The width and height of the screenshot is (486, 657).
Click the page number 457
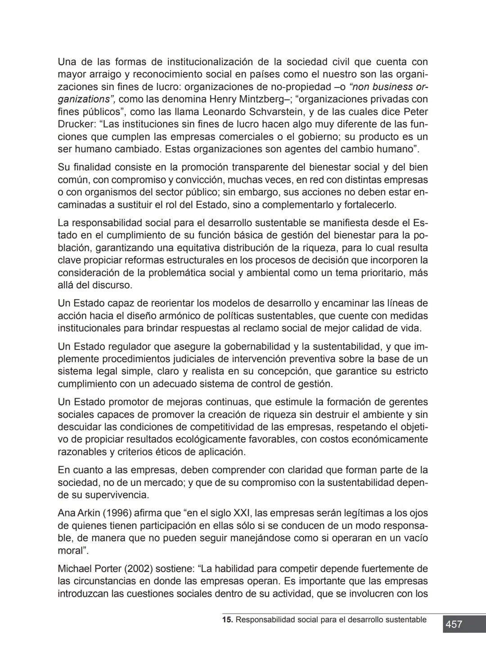click(x=454, y=624)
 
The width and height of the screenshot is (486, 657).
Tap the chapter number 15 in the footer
click(x=227, y=620)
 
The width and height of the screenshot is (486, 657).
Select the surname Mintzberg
click(x=254, y=99)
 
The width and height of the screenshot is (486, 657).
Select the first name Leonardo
click(x=225, y=112)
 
